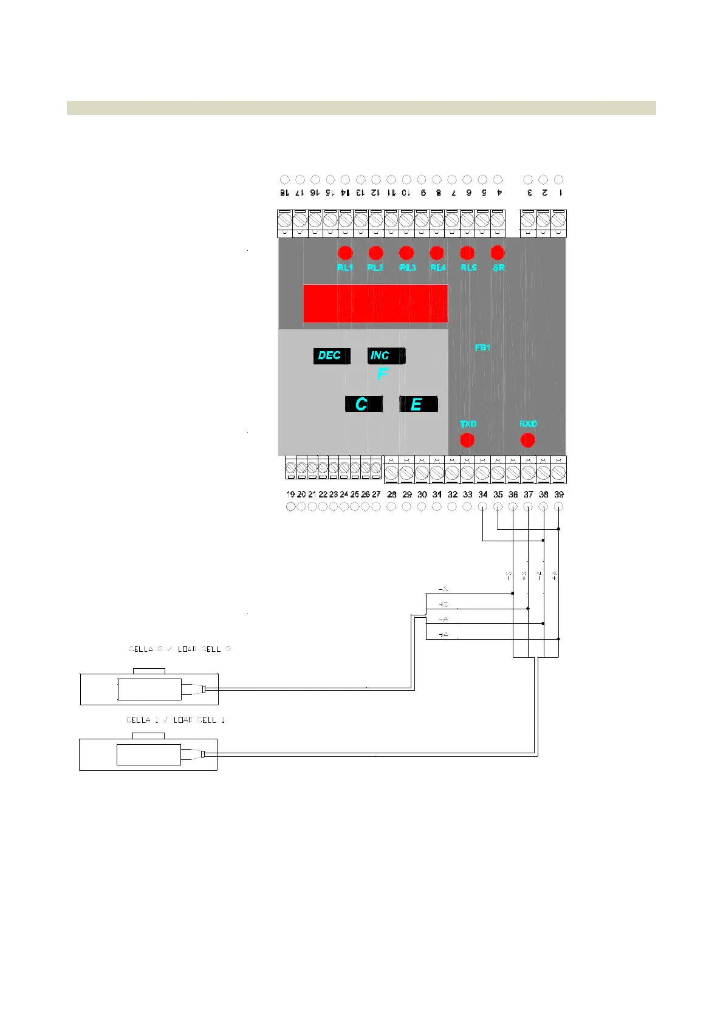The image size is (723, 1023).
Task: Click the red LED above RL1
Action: tap(345, 253)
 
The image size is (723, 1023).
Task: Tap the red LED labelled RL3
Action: tap(406, 253)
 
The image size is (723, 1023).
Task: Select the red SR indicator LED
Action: tap(498, 253)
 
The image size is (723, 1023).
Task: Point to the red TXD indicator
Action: tap(467, 440)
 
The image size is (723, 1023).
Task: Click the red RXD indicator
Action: tap(528, 440)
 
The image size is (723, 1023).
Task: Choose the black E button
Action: tap(418, 404)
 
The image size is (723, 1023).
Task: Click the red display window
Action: tap(375, 303)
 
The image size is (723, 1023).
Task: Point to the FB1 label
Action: tap(482, 347)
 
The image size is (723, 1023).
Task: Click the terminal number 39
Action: tap(559, 494)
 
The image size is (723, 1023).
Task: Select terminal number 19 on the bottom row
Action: tap(290, 494)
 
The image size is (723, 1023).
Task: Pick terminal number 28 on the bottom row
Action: tap(392, 494)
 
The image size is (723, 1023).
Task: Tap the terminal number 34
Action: tap(483, 494)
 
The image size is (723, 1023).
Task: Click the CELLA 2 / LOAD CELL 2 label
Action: tap(180, 649)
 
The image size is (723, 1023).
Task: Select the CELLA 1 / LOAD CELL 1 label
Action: tap(176, 720)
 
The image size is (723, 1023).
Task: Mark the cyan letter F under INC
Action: tap(382, 374)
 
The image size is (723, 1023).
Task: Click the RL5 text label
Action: tap(468, 267)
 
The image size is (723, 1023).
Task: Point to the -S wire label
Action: tap(444, 589)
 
